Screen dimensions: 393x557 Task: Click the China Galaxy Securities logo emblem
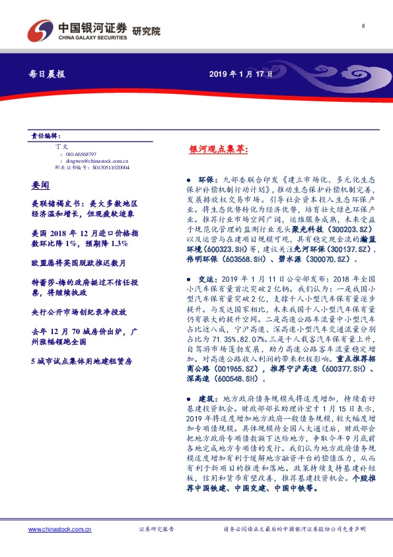(42, 30)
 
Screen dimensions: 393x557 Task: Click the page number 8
(363, 26)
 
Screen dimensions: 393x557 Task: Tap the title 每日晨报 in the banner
(48, 74)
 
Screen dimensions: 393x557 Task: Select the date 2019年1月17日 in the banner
(241, 74)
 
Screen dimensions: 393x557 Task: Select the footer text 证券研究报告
(157, 529)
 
